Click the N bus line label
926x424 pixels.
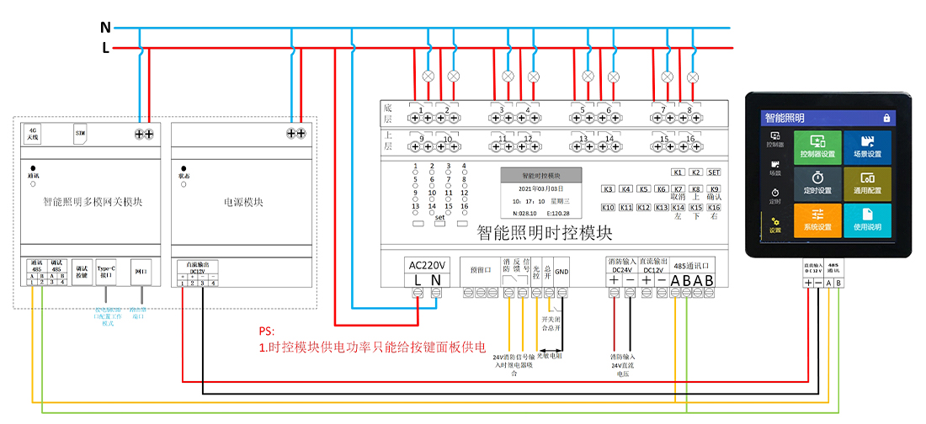click(x=105, y=27)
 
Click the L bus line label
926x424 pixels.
click(x=105, y=48)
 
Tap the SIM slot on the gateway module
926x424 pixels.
click(x=81, y=133)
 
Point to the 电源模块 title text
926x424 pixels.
click(x=243, y=202)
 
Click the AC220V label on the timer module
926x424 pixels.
click(x=427, y=264)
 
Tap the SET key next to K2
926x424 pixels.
click(x=714, y=172)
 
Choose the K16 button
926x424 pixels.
click(x=714, y=207)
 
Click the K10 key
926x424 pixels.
click(x=608, y=207)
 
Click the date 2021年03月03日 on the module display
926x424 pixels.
click(x=541, y=189)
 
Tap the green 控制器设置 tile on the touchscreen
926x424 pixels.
click(x=817, y=147)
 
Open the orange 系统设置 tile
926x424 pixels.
click(x=817, y=221)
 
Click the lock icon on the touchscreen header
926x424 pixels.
click(x=886, y=118)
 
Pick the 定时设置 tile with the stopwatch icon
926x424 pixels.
click(x=817, y=184)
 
